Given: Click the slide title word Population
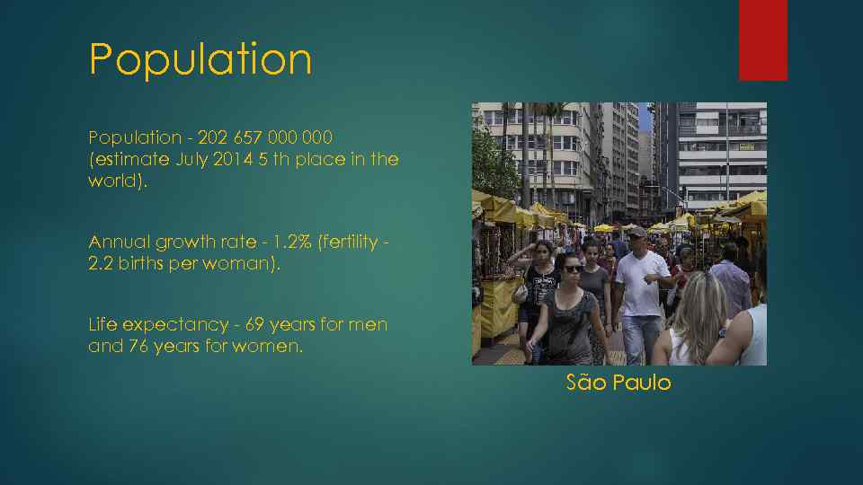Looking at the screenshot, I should (x=200, y=60).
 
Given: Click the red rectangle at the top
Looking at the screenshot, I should (x=762, y=40).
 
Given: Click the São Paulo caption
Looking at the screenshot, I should (x=618, y=383).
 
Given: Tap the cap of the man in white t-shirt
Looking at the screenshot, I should (x=637, y=232).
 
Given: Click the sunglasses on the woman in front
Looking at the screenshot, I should (x=573, y=269).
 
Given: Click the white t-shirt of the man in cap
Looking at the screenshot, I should (x=643, y=283).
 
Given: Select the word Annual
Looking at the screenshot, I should (x=120, y=242).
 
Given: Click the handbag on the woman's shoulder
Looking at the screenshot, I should (x=520, y=292).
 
